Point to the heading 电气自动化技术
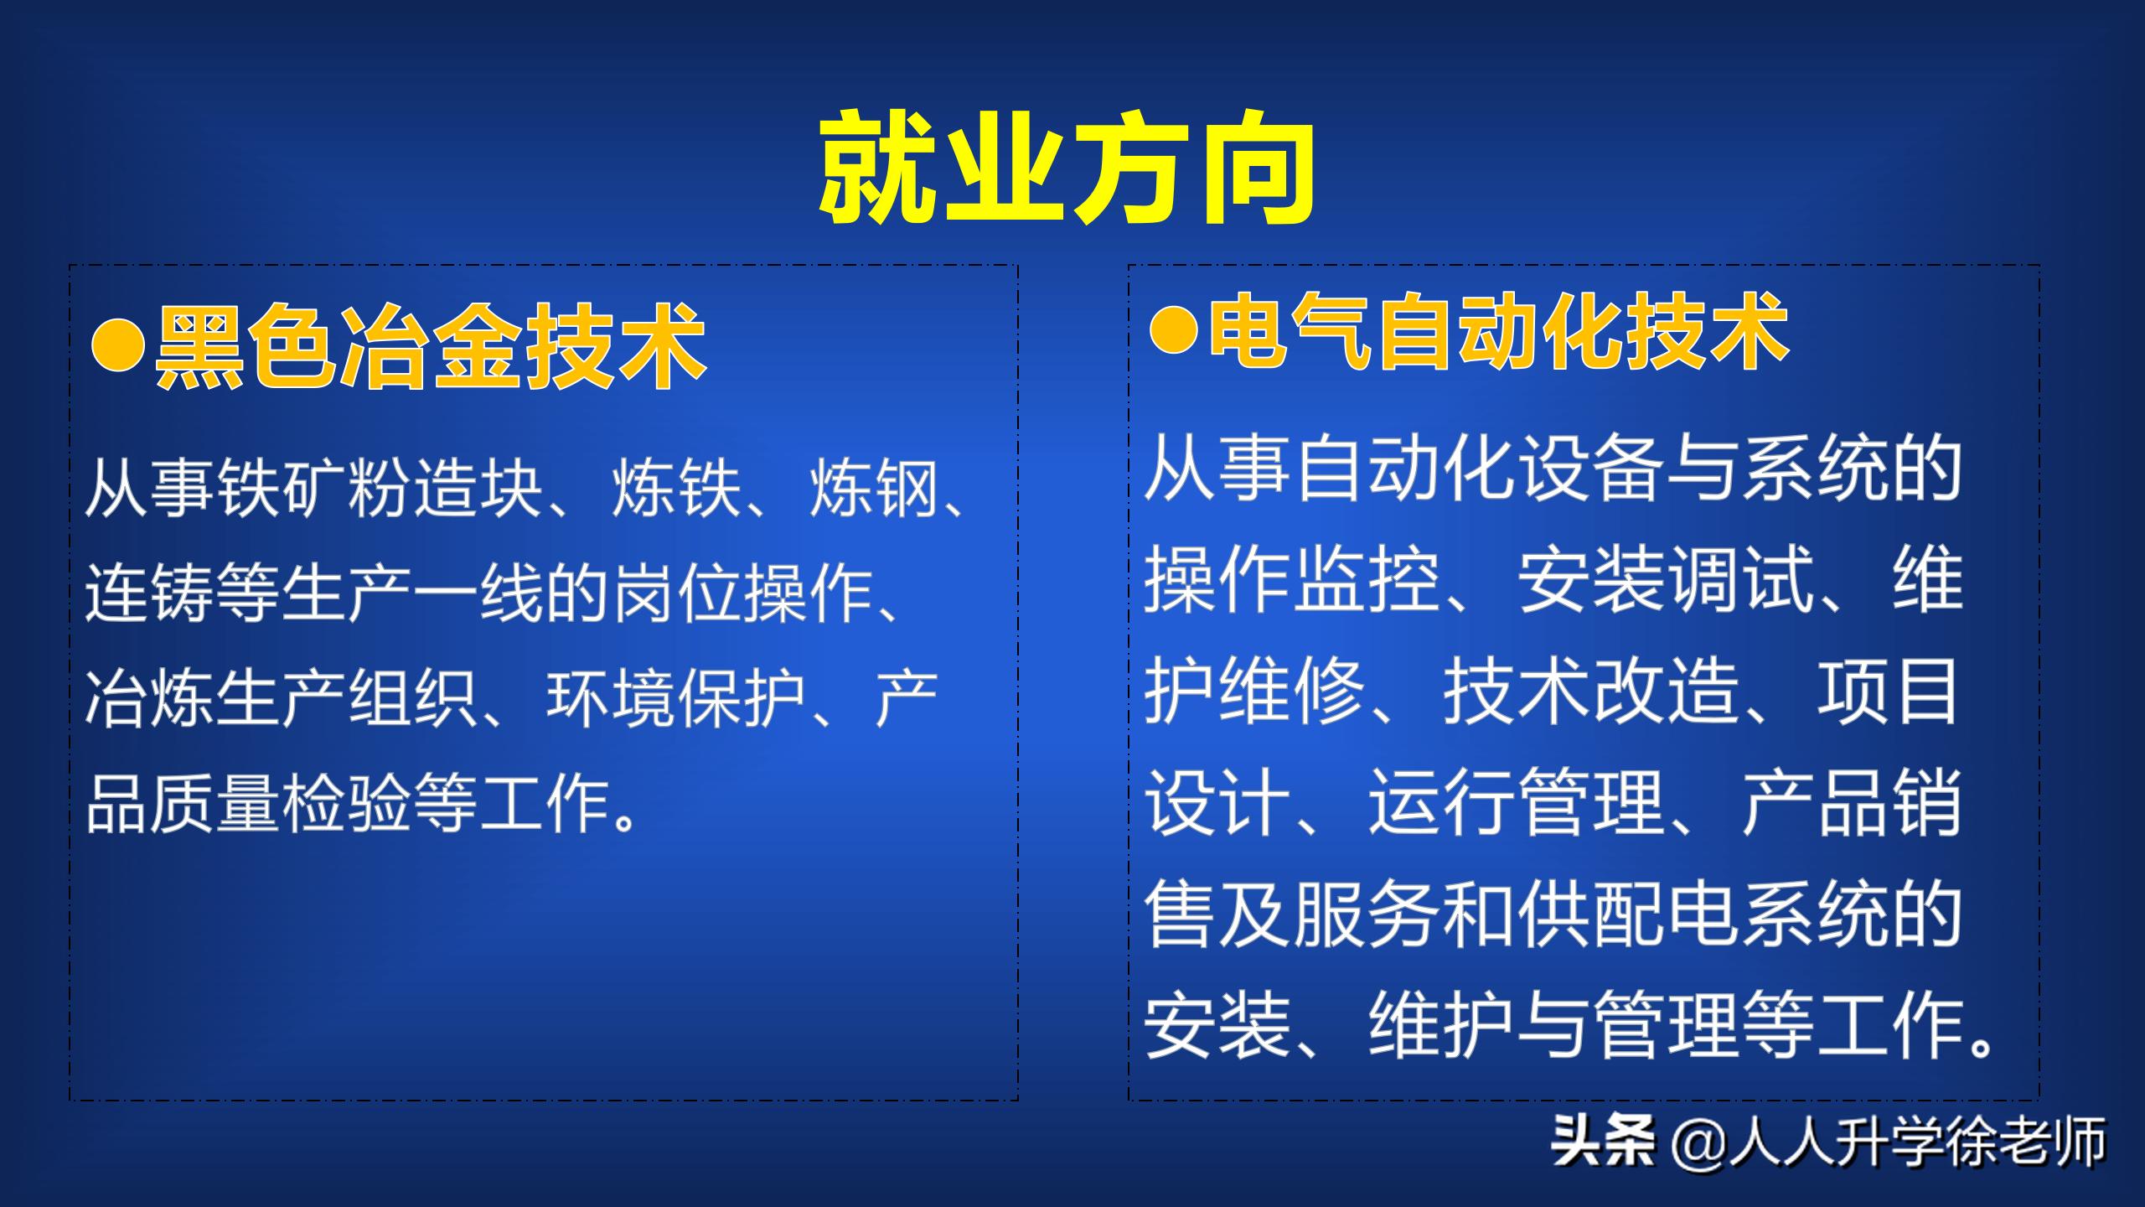pos(1498,332)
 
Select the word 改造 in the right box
pos(1667,692)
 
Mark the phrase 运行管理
pos(1517,803)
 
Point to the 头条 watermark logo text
pos(1602,1142)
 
